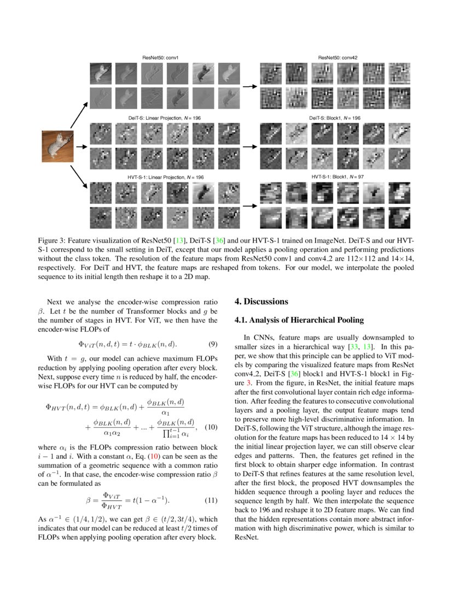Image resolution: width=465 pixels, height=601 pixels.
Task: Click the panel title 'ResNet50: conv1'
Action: click(x=160, y=57)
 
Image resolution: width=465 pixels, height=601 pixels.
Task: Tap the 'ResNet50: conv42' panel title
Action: click(x=338, y=57)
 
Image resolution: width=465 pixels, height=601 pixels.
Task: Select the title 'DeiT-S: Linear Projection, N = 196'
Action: click(x=160, y=117)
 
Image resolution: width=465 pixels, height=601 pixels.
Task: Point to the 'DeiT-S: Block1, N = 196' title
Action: click(x=334, y=117)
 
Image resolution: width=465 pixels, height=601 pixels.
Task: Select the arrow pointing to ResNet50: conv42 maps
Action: click(x=250, y=86)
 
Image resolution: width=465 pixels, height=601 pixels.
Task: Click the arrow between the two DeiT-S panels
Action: click(x=250, y=146)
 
